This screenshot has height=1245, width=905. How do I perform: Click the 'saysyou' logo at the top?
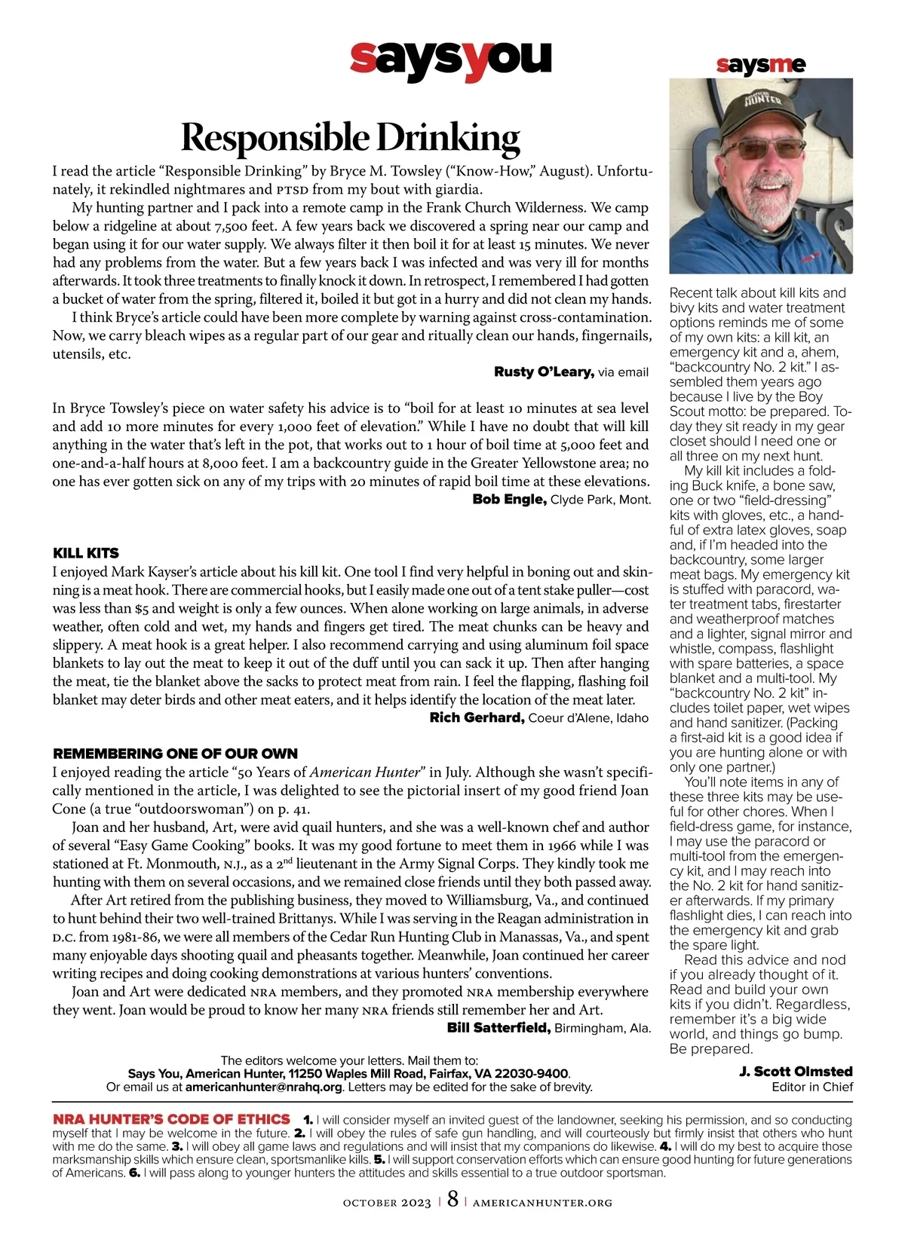pyautogui.click(x=451, y=60)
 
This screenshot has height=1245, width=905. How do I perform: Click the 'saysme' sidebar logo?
pyautogui.click(x=761, y=66)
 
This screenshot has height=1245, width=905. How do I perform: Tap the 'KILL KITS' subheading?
pyautogui.click(x=86, y=553)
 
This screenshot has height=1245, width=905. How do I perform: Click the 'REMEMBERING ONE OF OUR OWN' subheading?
pyautogui.click(x=175, y=754)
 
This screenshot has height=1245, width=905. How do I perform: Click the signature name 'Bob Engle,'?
pyautogui.click(x=509, y=499)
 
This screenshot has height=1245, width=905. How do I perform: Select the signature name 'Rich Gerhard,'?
pyautogui.click(x=477, y=717)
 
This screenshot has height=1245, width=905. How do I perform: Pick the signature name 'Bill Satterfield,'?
pyautogui.click(x=499, y=1028)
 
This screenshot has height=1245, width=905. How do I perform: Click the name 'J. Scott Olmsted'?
pyautogui.click(x=796, y=1071)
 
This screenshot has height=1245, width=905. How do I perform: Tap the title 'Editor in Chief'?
pyautogui.click(x=812, y=1087)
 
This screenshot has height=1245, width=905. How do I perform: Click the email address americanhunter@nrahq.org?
pyautogui.click(x=264, y=1087)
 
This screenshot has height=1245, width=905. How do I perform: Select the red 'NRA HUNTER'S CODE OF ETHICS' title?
pyautogui.click(x=171, y=1119)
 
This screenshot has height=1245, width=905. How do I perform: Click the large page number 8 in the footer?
pyautogui.click(x=452, y=1200)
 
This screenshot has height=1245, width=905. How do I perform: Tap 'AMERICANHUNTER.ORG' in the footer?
pyautogui.click(x=542, y=1203)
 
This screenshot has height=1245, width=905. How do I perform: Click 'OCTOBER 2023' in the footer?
pyautogui.click(x=387, y=1203)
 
